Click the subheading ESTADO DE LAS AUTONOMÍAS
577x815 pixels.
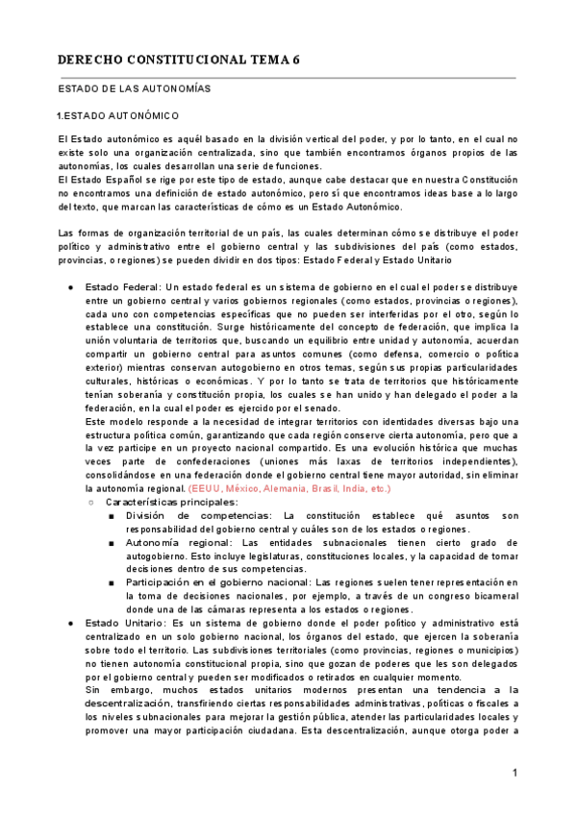135,89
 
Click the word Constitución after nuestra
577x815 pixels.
488,180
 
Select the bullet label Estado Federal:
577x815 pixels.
123,287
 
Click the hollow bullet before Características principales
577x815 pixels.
90,502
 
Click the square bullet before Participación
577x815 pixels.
113,582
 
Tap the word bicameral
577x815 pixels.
491,596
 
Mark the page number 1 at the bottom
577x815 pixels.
515,773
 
